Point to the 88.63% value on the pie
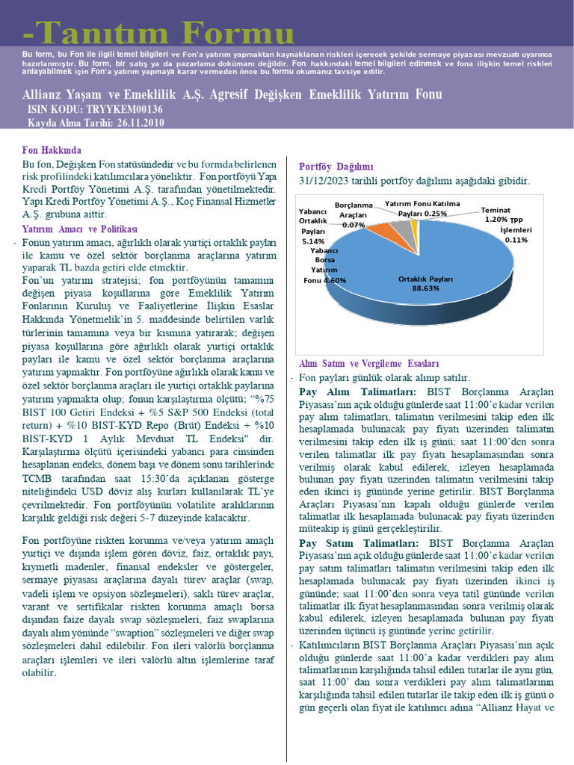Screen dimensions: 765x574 (425, 288)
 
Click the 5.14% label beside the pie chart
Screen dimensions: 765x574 (313, 241)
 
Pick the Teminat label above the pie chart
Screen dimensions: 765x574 (496, 210)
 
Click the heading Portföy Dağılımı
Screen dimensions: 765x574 (336, 167)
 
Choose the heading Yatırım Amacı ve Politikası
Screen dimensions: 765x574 (80, 229)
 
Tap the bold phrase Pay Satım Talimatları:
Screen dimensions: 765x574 (361, 543)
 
